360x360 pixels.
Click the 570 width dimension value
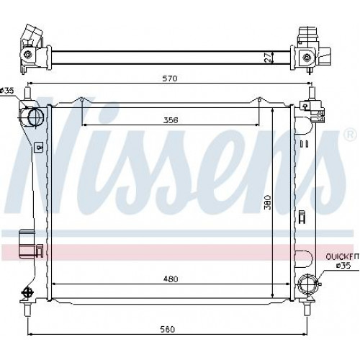tap(170, 78)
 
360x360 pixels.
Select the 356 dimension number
tap(171, 120)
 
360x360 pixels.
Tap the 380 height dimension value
tap(268, 202)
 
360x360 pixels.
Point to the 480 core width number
tap(171, 279)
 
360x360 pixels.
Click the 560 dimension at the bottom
tap(167, 329)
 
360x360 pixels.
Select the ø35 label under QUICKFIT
tap(343, 266)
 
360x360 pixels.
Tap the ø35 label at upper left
tap(7, 91)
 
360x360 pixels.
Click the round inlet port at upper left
tap(36, 117)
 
